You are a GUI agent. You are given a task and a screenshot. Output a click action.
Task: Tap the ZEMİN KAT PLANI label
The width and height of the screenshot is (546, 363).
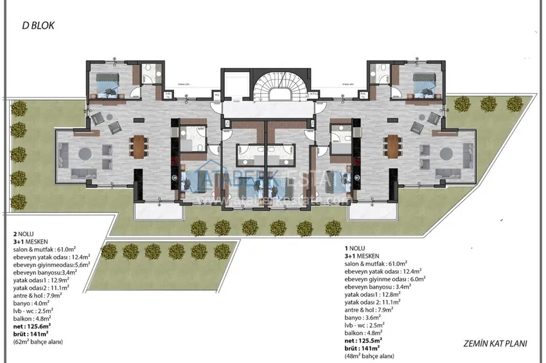494,344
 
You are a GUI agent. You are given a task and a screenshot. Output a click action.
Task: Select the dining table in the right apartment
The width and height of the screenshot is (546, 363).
393,148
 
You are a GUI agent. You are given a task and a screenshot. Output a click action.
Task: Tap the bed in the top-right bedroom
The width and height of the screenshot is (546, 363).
423,84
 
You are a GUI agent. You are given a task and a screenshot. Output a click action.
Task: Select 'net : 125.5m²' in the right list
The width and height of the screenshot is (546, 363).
364,339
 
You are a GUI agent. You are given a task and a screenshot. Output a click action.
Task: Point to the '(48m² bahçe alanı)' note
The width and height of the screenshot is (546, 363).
373,356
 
